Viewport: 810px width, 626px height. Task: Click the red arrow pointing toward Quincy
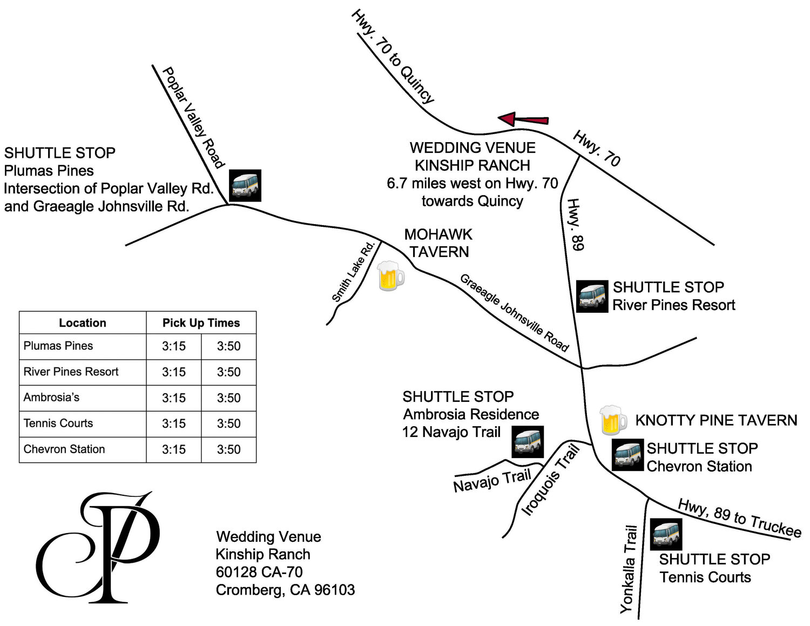coord(523,119)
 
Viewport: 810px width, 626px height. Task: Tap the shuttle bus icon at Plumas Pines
coord(245,185)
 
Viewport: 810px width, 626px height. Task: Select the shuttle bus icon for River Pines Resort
coord(592,297)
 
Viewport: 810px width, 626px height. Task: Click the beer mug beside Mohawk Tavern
coord(390,276)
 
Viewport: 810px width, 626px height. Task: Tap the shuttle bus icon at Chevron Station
coord(627,455)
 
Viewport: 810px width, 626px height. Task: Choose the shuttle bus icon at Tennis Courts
coord(666,534)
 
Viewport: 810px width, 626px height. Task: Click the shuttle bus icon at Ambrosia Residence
coord(528,442)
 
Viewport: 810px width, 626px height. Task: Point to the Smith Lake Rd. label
coord(353,272)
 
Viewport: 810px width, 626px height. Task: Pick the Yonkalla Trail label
coord(629,569)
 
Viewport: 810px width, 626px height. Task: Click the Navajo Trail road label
coord(492,481)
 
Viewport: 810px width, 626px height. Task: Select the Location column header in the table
coord(83,323)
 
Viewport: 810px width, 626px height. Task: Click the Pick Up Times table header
coord(201,323)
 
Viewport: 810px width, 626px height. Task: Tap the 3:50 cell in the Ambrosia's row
coord(228,398)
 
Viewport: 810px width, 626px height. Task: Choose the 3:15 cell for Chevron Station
coord(174,449)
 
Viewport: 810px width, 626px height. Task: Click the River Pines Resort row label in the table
coord(71,372)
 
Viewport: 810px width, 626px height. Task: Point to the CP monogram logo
coord(98,547)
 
